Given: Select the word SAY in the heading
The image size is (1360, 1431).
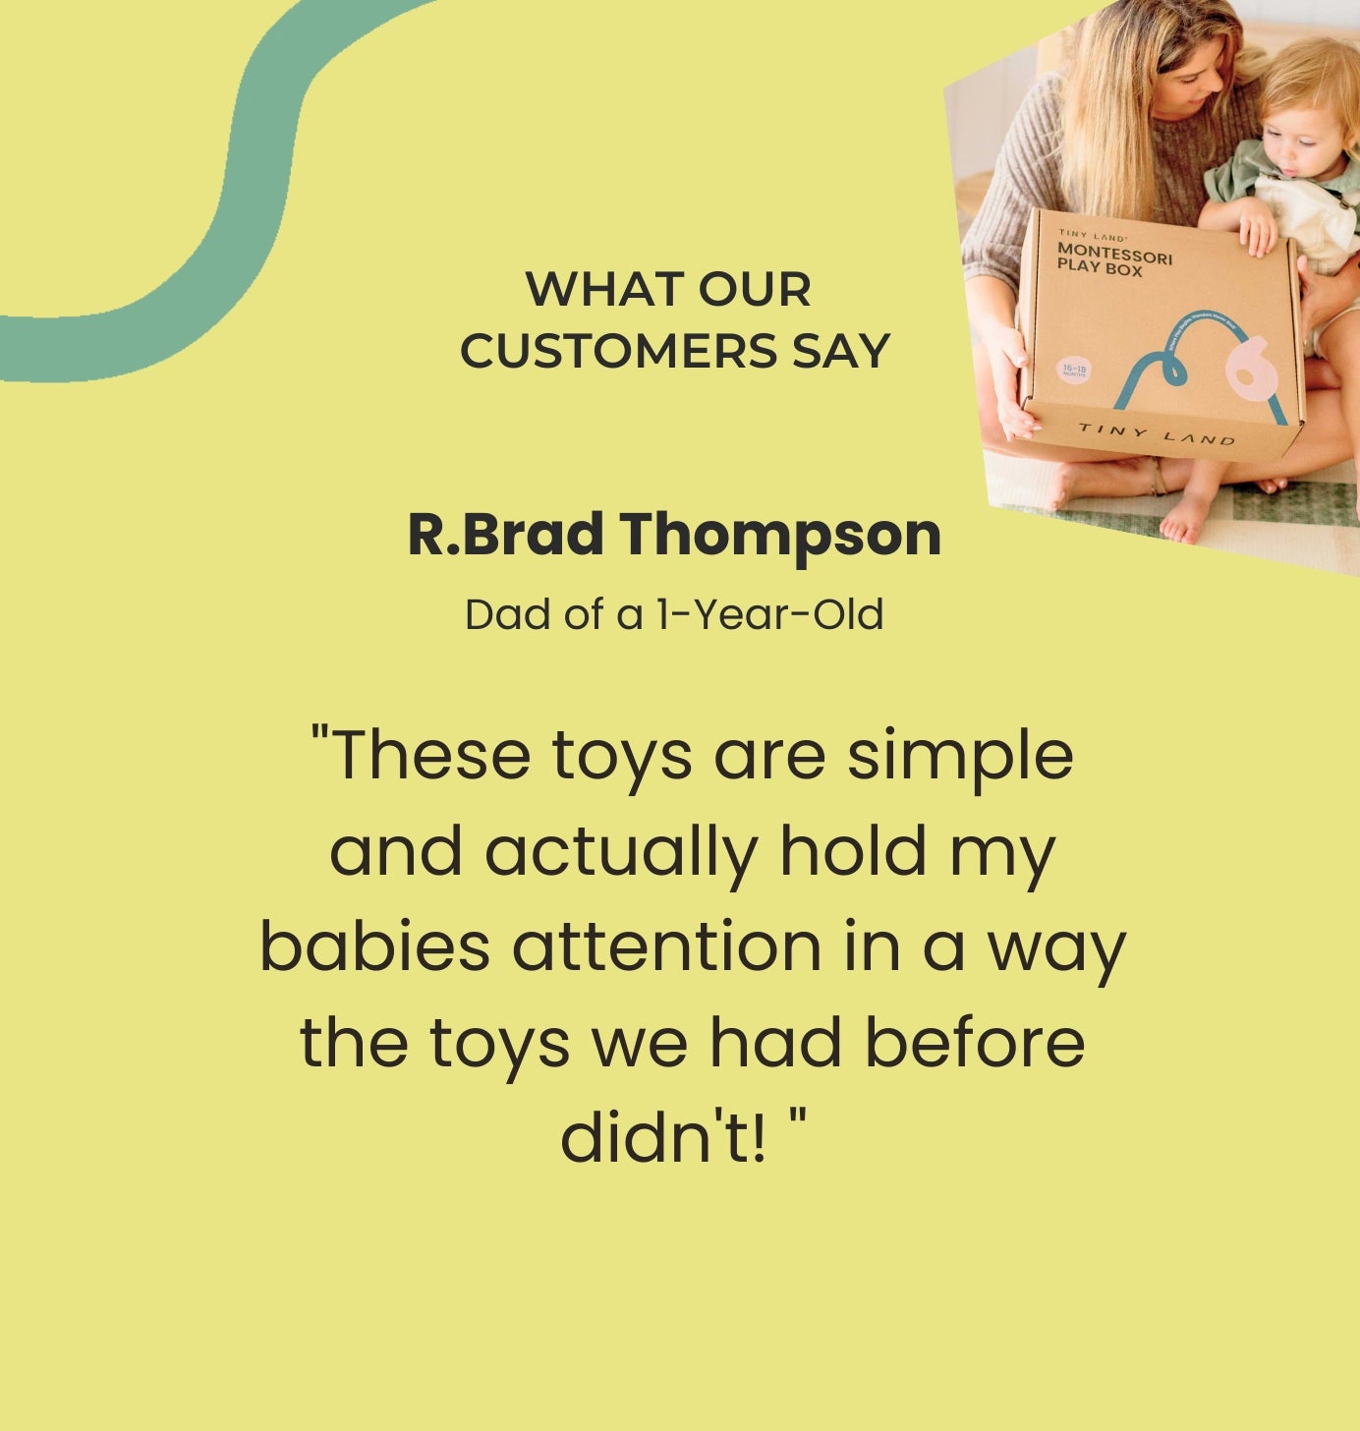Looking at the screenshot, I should coord(841,351).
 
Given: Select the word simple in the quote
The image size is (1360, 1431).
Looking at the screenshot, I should coord(960,756).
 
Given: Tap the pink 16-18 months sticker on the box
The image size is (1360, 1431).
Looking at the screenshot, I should coord(1073,371).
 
